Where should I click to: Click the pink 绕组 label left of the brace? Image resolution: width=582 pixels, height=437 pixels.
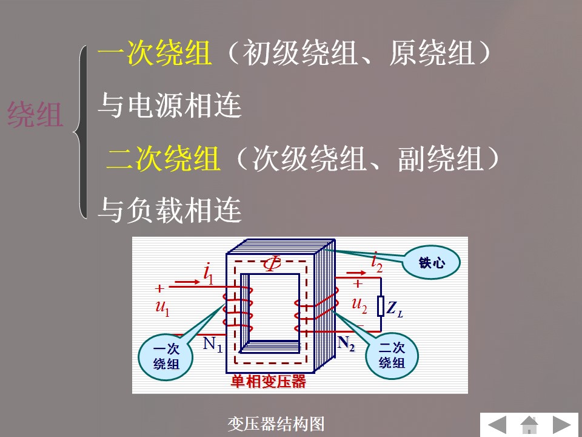coord(35,115)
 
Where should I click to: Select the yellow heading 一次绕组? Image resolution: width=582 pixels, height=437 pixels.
coord(155,53)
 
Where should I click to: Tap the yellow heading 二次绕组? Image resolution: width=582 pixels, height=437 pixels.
coord(163,158)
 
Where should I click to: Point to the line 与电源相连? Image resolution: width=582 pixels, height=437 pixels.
coord(170,106)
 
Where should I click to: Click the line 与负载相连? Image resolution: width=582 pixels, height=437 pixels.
coord(170,211)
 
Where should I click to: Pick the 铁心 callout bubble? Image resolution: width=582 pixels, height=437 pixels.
coord(431,262)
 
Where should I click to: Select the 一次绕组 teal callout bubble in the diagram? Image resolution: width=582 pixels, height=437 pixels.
coord(166,357)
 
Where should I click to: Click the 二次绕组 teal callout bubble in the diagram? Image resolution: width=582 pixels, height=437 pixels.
coord(392,355)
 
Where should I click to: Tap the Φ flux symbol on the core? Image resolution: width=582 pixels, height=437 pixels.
coord(272,263)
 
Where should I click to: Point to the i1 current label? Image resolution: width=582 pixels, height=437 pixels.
coord(209,274)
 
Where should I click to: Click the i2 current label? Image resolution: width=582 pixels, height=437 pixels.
coord(376,262)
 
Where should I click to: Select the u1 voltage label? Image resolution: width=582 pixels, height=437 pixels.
coord(162,308)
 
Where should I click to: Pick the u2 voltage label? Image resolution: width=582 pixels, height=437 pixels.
coord(360,306)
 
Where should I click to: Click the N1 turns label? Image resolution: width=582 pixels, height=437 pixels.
coord(213,344)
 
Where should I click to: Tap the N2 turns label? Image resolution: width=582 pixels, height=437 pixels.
coord(346,343)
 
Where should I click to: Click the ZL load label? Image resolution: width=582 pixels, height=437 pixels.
coord(394,309)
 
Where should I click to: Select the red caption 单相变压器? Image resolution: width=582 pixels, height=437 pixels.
coord(268,382)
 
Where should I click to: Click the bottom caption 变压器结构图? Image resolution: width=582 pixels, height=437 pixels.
coord(276,424)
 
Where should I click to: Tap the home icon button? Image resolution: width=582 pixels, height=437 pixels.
coord(529,425)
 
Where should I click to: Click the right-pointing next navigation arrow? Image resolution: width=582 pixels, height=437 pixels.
coord(561,425)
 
